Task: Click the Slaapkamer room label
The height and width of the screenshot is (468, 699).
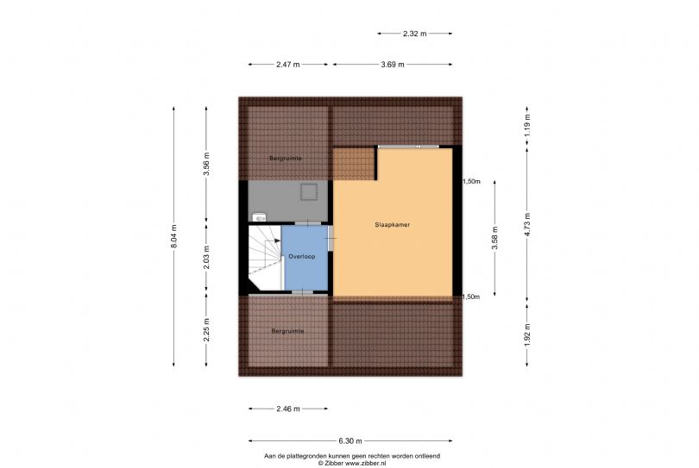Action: pos(393,225)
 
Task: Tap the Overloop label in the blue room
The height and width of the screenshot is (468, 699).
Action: pos(302,257)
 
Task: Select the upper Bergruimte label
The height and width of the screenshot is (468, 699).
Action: pos(286,159)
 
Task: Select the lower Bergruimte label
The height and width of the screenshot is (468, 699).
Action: pos(287,331)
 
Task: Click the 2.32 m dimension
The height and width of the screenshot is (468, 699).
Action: pos(414,34)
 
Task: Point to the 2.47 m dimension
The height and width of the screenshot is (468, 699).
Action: pos(288,65)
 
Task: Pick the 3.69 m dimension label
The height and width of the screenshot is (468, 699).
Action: pos(393,65)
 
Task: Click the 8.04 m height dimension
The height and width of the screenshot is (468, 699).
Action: pos(173,236)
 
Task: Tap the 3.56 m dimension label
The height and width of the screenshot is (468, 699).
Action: pos(206,165)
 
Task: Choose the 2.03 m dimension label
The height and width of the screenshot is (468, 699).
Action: pos(206,258)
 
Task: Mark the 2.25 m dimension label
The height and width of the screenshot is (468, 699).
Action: pos(206,330)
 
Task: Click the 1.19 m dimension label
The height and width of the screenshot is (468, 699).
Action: pos(527,125)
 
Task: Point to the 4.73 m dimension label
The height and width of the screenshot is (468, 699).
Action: pos(527,225)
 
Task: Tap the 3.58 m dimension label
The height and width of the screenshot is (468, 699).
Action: pos(494,238)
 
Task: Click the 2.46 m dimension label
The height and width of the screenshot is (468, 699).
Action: pos(288,409)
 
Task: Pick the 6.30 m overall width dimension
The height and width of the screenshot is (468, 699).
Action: pos(350,441)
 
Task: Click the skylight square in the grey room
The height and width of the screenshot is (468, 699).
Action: pos(308,192)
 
